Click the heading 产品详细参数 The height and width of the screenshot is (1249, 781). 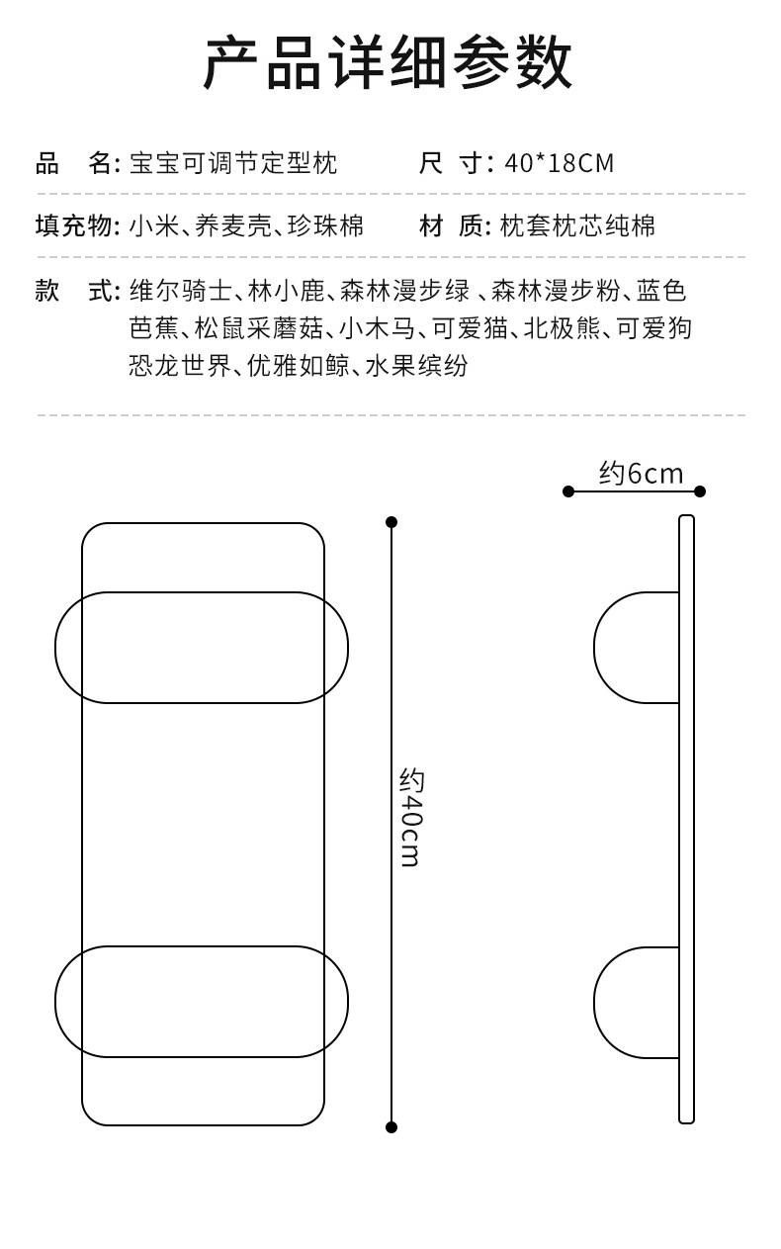coord(389,63)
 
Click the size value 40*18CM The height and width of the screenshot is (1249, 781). coord(560,163)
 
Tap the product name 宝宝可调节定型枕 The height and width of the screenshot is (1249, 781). coord(233,163)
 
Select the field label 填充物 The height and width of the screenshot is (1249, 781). coord(77,226)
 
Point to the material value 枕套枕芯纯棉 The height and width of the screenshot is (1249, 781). coord(577,226)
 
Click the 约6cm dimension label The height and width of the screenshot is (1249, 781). coord(641,474)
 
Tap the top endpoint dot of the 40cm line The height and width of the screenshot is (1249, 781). coord(391,522)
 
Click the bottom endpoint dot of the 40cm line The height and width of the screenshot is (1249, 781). coord(391,1127)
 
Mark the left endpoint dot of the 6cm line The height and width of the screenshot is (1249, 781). coord(568,491)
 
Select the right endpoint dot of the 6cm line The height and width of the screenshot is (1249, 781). coord(700,491)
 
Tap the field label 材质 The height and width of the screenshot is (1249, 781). coord(455,226)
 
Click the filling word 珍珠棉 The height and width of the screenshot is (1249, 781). coord(325,226)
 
